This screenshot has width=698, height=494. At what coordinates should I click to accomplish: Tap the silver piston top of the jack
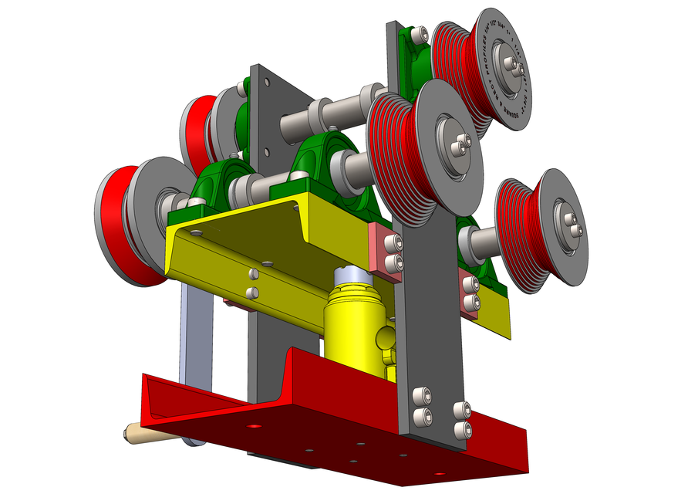[352, 277]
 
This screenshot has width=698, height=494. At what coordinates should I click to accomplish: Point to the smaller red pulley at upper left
[196, 127]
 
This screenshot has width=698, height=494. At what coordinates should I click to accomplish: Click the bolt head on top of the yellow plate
[296, 206]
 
